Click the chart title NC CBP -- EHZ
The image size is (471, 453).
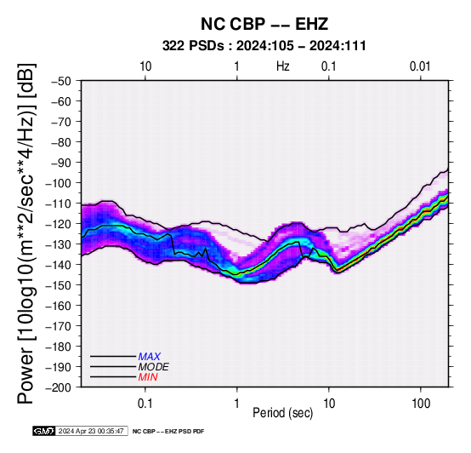pyautogui.click(x=264, y=24)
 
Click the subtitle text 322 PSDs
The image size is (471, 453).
pyautogui.click(x=193, y=46)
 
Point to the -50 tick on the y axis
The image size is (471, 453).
pyautogui.click(x=61, y=81)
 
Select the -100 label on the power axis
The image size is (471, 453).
pyautogui.click(x=58, y=183)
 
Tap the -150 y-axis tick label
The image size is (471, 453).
pyautogui.click(x=58, y=285)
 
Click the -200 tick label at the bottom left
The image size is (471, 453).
pyautogui.click(x=58, y=387)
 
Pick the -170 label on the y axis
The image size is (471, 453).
pyautogui.click(x=58, y=326)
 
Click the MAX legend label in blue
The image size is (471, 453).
pyautogui.click(x=150, y=357)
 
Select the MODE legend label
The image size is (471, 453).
pyautogui.click(x=154, y=367)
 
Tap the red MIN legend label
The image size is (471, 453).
pyautogui.click(x=148, y=377)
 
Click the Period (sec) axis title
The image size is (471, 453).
pyautogui.click(x=282, y=413)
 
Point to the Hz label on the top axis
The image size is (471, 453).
pyautogui.click(x=282, y=66)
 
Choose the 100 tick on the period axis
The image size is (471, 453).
pyautogui.click(x=421, y=404)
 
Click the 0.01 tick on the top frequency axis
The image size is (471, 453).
pyautogui.click(x=420, y=66)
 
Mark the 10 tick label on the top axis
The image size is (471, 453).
pyautogui.click(x=145, y=66)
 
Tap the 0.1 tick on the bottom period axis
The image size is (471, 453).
pyautogui.click(x=145, y=404)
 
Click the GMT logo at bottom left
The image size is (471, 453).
pyautogui.click(x=44, y=431)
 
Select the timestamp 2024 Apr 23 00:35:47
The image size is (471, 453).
pyautogui.click(x=91, y=431)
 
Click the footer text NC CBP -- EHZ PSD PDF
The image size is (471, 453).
pyautogui.click(x=168, y=432)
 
